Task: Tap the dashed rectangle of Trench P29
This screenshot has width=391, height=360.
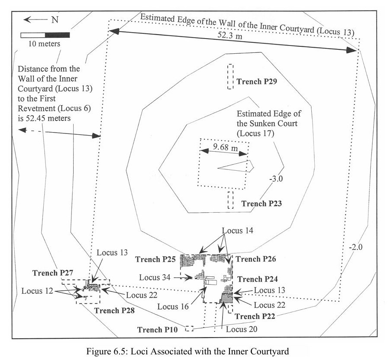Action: tap(230, 77)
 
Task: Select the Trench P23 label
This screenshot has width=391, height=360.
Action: tap(262, 203)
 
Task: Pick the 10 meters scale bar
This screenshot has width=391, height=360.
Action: tap(45, 35)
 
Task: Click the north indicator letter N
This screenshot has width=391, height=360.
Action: tap(55, 19)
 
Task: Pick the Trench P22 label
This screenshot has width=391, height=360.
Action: tap(255, 317)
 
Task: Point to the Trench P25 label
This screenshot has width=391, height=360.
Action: tap(155, 260)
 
